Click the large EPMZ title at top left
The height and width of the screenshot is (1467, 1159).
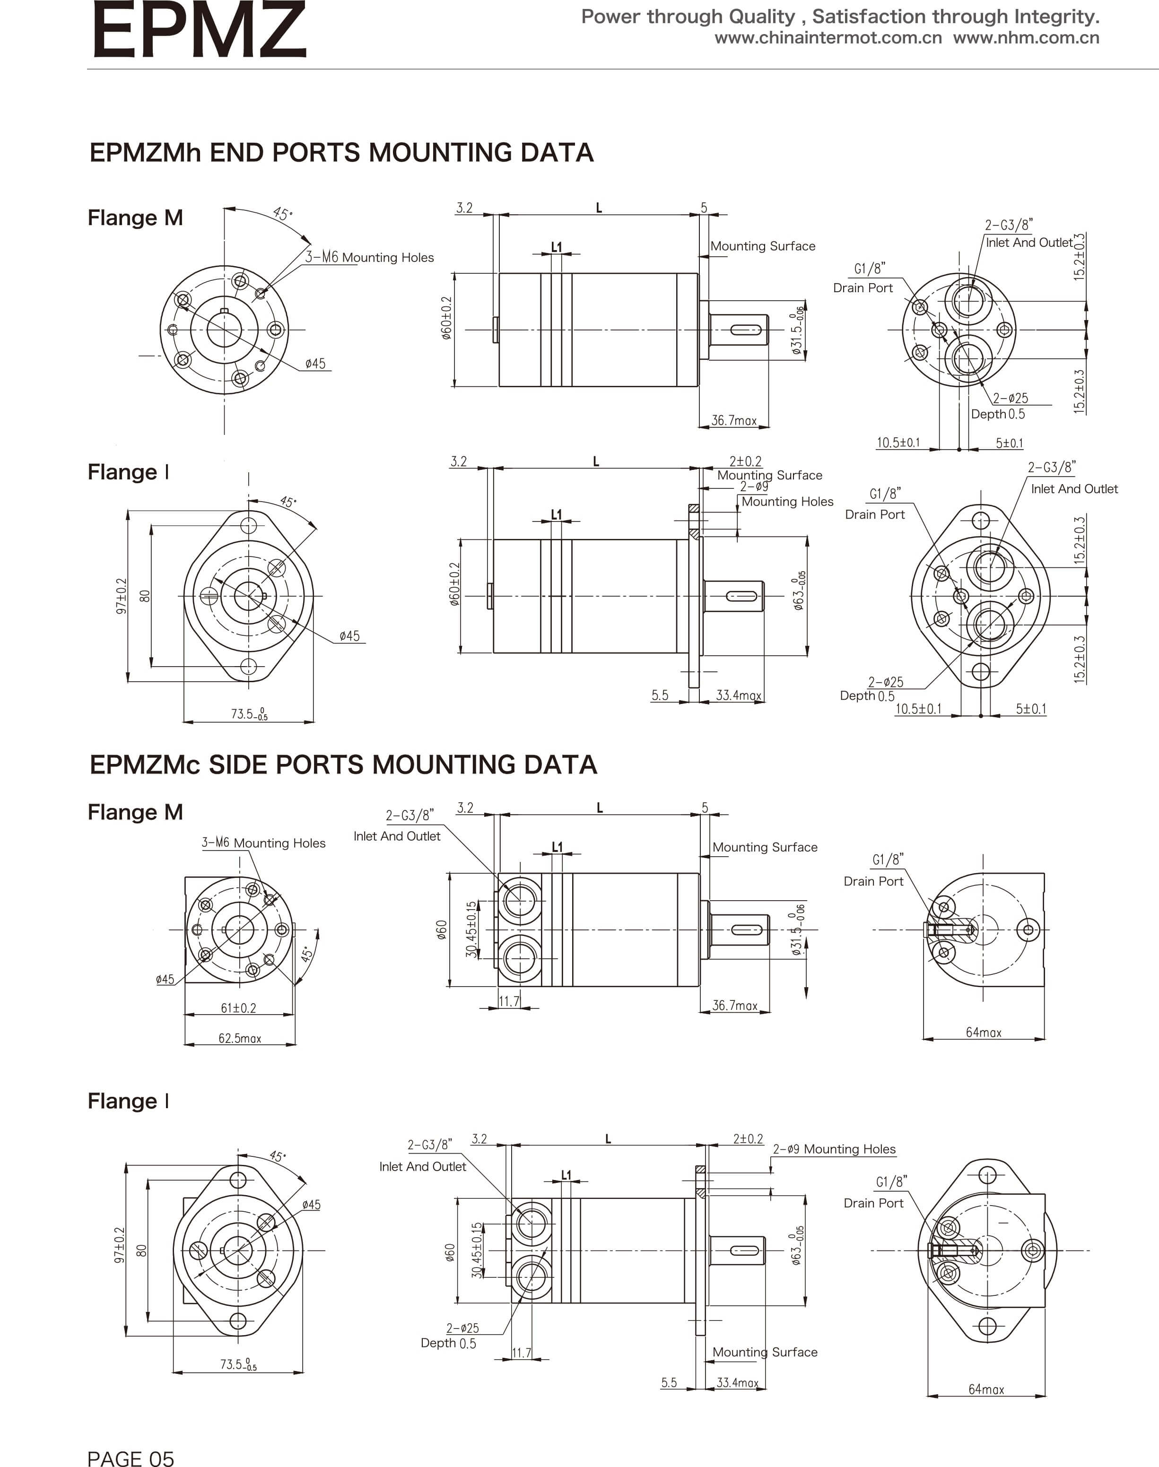[199, 31]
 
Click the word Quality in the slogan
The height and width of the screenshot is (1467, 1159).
[761, 16]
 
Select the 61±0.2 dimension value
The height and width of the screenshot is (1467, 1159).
[238, 1007]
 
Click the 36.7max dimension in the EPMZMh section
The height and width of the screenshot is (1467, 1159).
[733, 421]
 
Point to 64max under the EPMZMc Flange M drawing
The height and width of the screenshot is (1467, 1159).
[983, 1032]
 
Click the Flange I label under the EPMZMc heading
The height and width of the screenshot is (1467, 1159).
[128, 1101]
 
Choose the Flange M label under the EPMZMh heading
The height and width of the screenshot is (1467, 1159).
[135, 218]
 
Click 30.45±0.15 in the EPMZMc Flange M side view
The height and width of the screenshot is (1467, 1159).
[471, 929]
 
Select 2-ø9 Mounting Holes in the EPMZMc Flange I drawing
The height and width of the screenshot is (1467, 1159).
[834, 1149]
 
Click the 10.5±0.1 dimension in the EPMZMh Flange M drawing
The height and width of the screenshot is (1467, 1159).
[898, 443]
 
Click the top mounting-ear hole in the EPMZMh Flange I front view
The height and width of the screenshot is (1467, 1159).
[248, 524]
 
